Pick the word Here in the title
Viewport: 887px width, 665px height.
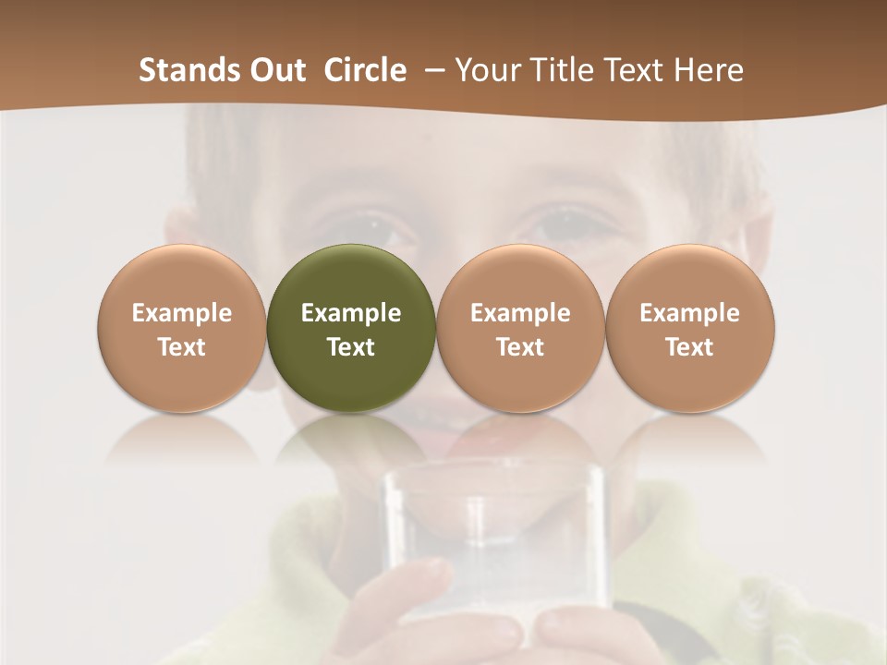click(x=709, y=70)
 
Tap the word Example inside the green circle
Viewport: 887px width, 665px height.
click(x=351, y=313)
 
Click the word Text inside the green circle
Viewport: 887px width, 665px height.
click(x=351, y=347)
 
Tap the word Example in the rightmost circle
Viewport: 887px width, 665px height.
click(x=690, y=313)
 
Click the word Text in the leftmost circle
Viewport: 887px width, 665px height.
click(x=181, y=347)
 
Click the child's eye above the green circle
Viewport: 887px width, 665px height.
click(x=374, y=228)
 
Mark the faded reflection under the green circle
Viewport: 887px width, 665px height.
click(x=351, y=443)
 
